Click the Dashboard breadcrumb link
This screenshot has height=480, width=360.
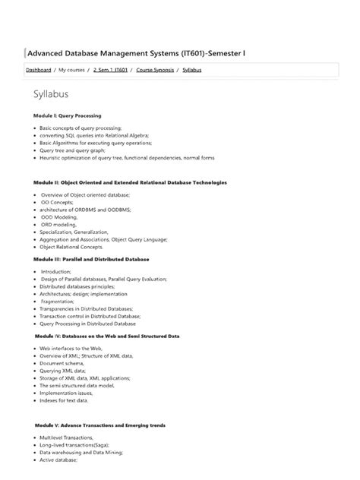[x=39, y=70]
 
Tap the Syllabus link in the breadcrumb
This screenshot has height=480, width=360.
[x=192, y=70]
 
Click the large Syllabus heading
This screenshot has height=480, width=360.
[x=51, y=94]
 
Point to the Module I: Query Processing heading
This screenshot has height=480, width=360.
[x=67, y=115]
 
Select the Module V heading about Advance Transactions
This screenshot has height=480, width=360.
[x=99, y=425]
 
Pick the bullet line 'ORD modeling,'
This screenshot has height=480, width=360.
[x=60, y=224]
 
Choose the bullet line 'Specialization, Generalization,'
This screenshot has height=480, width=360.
[x=75, y=232]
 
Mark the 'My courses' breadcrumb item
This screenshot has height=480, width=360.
[x=72, y=70]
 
